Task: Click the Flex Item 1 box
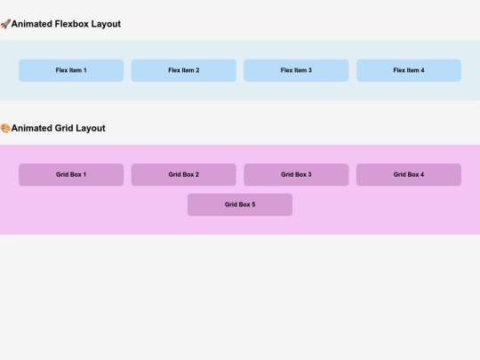[71, 70]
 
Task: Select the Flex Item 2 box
[183, 70]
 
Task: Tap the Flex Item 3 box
[296, 70]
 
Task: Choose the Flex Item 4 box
[408, 70]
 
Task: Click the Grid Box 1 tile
[71, 174]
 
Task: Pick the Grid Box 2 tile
[183, 174]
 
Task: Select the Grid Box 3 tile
[296, 174]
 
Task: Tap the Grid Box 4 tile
[408, 174]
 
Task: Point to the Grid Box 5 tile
[240, 204]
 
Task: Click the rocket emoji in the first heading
[5, 24]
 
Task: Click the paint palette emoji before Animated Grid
[5, 128]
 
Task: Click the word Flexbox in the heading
[71, 24]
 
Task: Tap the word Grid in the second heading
[64, 128]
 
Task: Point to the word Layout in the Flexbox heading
[106, 24]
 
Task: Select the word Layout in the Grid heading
[91, 128]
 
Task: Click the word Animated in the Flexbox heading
[31, 24]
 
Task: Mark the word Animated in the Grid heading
[31, 128]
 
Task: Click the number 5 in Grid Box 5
[253, 204]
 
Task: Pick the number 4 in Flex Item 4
[422, 70]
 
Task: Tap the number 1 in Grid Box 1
[84, 174]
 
